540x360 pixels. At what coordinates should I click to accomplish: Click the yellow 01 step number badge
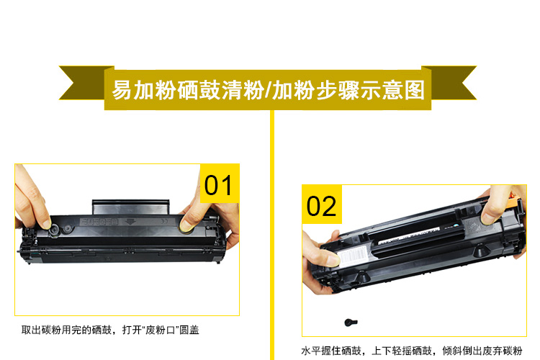(220, 184)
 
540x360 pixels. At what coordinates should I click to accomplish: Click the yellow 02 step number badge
(322, 204)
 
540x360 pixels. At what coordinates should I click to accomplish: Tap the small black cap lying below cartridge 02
(351, 322)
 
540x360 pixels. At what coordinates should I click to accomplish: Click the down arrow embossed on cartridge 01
(130, 221)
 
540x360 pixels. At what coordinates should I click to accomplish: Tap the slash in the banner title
(268, 90)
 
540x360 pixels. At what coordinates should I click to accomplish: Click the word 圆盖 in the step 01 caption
(189, 330)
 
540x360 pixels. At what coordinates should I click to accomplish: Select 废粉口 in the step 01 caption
(161, 330)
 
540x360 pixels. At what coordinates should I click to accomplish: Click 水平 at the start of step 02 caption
(311, 351)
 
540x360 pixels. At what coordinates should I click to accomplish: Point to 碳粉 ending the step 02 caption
(513, 351)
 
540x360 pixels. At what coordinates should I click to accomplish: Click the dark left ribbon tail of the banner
(84, 83)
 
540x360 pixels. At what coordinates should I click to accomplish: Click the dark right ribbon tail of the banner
(451, 83)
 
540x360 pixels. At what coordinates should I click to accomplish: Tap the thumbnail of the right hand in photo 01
(186, 225)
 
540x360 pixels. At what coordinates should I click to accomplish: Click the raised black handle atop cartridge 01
(131, 207)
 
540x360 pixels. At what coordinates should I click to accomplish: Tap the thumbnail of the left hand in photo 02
(333, 259)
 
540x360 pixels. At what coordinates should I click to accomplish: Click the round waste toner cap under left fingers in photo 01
(55, 230)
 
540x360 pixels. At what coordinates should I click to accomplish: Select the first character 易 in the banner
(122, 90)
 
